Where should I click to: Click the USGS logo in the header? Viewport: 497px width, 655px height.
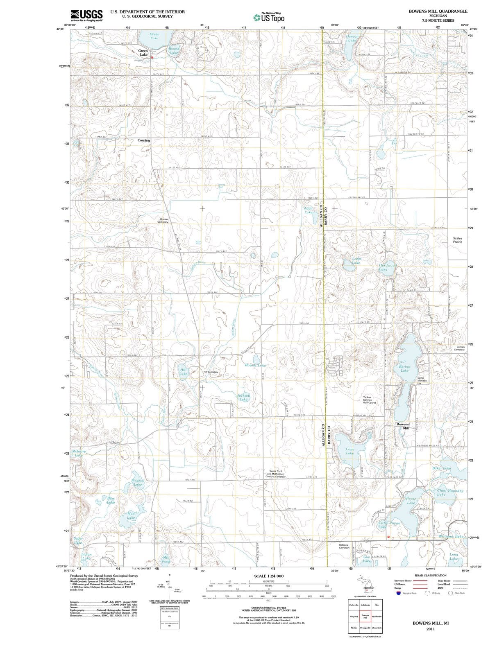tap(86, 15)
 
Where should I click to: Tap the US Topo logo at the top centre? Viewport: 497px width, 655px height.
tap(269, 17)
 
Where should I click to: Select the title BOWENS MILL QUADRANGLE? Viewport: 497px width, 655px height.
tap(438, 11)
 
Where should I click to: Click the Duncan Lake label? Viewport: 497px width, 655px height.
tap(352, 38)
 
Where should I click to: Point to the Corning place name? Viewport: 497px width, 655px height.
tap(143, 140)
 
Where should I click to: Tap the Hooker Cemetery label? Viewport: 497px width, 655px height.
tap(163, 220)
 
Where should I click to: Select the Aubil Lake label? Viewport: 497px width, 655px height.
tap(308, 210)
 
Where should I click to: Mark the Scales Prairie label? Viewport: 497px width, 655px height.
tap(457, 240)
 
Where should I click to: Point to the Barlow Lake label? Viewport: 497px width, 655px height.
tap(404, 368)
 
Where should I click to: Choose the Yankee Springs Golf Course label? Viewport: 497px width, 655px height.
tap(369, 400)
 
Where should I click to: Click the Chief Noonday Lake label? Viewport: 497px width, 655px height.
tap(449, 492)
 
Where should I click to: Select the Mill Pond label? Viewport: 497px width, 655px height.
tap(166, 559)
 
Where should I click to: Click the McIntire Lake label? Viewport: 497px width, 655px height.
tap(79, 453)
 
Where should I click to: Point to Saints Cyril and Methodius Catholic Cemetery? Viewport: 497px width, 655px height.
tap(275, 474)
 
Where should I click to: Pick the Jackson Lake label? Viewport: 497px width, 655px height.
tap(243, 397)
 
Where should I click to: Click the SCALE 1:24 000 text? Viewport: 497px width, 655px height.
tap(269, 576)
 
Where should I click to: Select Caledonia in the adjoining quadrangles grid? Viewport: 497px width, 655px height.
tap(365, 605)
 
